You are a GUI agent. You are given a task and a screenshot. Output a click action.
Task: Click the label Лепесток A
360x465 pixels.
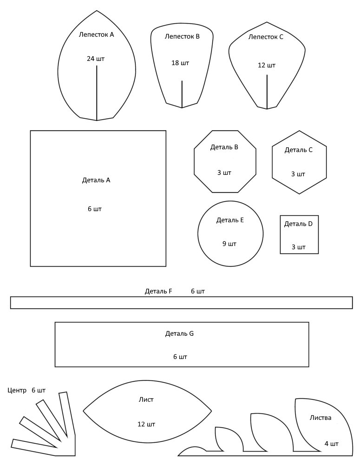coord(96,35)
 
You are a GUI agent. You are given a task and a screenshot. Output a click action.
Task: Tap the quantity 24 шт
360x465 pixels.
coord(96,59)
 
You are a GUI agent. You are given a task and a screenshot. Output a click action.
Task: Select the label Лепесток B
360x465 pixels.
coord(182,36)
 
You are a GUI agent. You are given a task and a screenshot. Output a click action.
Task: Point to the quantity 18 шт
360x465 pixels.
coord(180,63)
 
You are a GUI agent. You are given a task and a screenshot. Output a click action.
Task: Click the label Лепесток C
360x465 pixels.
coord(266,37)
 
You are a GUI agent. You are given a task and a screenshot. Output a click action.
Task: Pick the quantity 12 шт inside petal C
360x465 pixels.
coord(267,65)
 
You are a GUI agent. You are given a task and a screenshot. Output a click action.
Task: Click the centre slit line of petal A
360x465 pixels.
coord(97,93)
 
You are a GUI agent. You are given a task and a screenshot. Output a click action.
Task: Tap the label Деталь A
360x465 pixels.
coord(96,180)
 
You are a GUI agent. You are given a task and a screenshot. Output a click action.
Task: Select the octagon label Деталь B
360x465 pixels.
coord(224,147)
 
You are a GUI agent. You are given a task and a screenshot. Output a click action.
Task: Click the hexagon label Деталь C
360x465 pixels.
coord(298,150)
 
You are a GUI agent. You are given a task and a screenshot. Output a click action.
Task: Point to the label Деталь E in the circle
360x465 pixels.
coord(230,220)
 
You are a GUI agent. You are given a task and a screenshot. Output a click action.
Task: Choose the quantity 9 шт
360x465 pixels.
coord(229,244)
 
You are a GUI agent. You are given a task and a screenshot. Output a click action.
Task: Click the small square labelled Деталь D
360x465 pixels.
coord(299,234)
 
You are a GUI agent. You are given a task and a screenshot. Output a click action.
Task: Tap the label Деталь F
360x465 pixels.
coord(158,291)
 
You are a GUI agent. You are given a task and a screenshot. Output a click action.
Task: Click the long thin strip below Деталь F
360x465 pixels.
coord(181,303)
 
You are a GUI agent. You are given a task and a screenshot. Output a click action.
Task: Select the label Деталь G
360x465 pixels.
coord(179,333)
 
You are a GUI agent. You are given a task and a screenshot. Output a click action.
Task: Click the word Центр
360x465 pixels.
coord(17,391)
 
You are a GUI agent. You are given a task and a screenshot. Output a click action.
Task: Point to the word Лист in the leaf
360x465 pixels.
coord(146,399)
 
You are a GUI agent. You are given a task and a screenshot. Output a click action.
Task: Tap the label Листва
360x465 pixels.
coord(321,418)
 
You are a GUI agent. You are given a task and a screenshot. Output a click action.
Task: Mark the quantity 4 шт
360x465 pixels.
coord(331,444)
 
